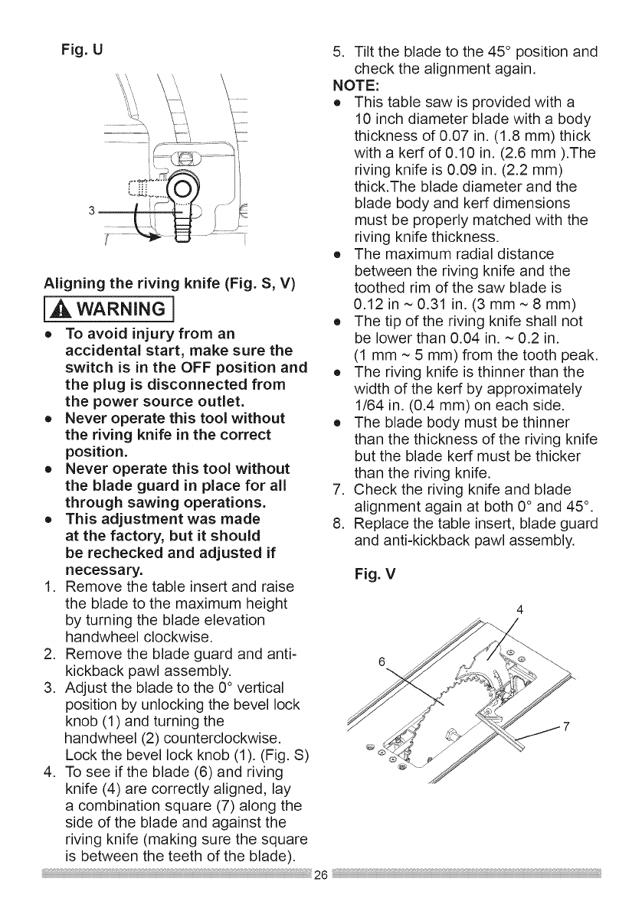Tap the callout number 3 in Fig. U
tap(90, 211)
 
